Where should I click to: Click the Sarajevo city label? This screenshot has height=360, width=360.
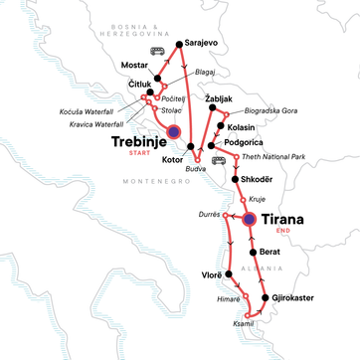click(205, 45)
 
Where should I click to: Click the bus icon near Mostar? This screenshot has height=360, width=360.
click(155, 51)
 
